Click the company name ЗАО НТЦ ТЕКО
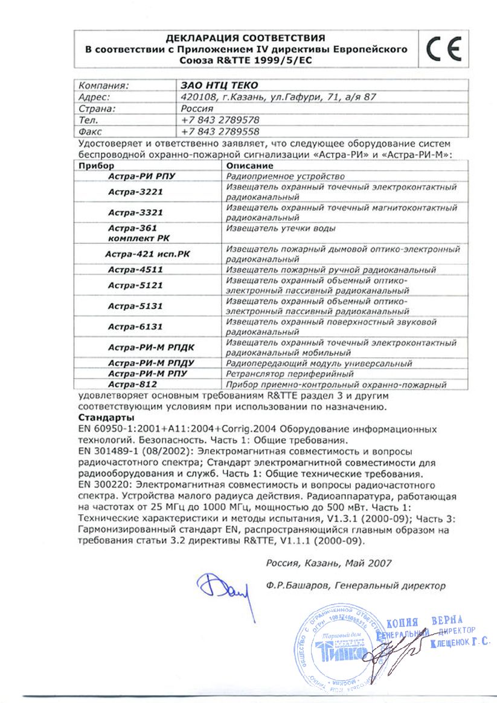tap(214, 85)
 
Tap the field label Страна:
tap(97, 108)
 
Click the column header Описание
tap(249, 165)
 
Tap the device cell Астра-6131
tap(136, 326)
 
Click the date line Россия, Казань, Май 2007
tap(329, 563)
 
